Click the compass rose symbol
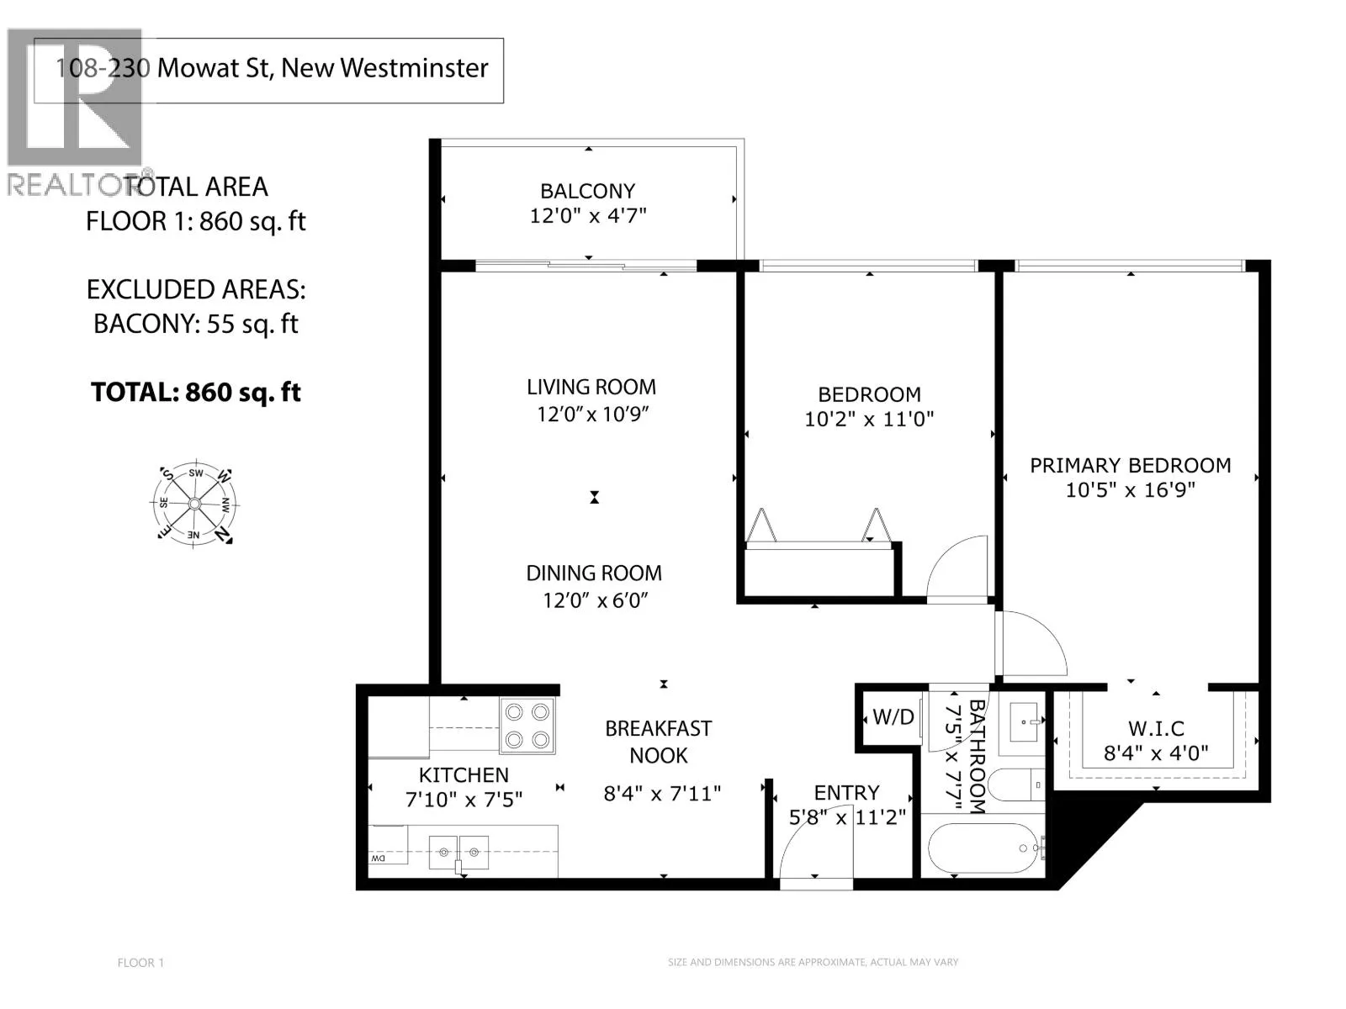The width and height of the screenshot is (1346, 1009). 194,504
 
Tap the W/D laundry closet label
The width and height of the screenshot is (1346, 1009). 893,716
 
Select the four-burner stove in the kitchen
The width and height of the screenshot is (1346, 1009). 527,726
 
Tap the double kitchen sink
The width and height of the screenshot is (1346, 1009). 458,852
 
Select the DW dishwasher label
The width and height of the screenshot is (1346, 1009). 378,858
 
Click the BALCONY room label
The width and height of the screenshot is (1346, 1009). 587,191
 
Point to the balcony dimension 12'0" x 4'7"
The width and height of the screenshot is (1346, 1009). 588,215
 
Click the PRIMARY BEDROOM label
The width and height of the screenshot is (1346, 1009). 1130,466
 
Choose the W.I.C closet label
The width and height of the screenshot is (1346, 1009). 1156,728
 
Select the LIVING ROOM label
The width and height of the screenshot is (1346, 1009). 591,387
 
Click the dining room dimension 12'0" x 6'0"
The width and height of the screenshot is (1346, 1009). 595,600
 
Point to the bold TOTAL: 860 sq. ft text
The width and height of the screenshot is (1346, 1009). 196,392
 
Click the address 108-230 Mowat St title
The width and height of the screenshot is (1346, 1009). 272,68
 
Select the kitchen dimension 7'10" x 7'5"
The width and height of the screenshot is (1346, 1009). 464,800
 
